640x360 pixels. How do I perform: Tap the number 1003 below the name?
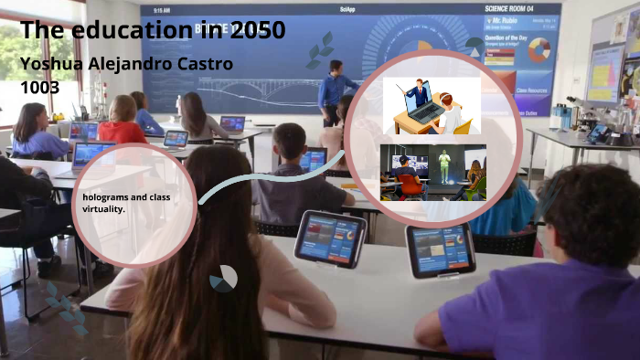coord(39,87)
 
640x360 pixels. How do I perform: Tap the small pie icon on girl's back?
coord(223,279)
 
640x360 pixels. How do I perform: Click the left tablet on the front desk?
coord(330,238)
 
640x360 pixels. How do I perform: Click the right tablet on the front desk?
coord(440,249)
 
